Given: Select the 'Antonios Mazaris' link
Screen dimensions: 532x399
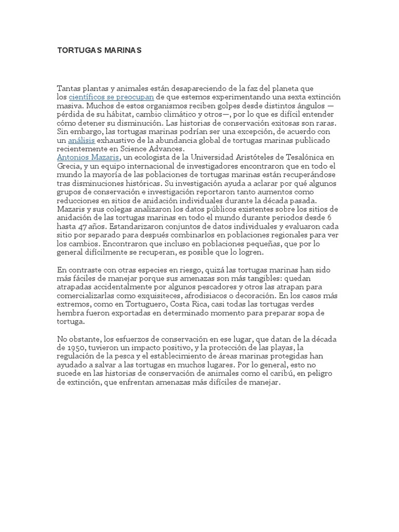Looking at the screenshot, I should (88, 156).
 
